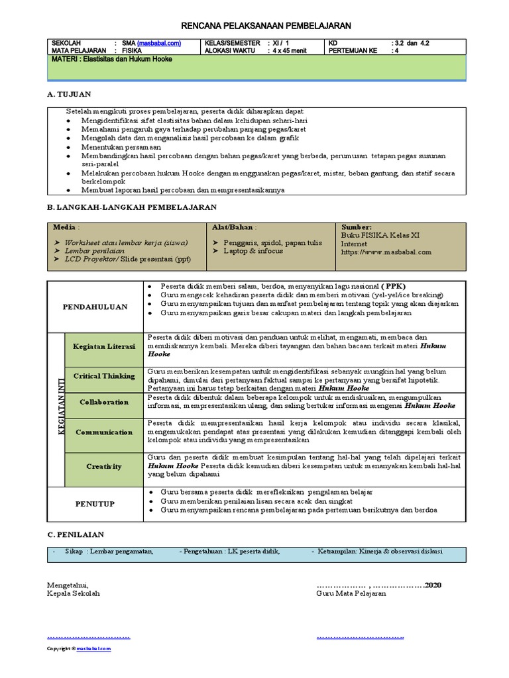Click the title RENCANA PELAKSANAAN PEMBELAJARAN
[266, 25]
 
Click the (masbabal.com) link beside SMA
[159, 43]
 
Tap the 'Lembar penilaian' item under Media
[95, 252]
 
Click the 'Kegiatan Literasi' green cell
[104, 346]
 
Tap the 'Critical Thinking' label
[104, 376]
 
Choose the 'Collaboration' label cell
[104, 402]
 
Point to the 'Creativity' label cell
[104, 467]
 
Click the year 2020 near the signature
[433, 585]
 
